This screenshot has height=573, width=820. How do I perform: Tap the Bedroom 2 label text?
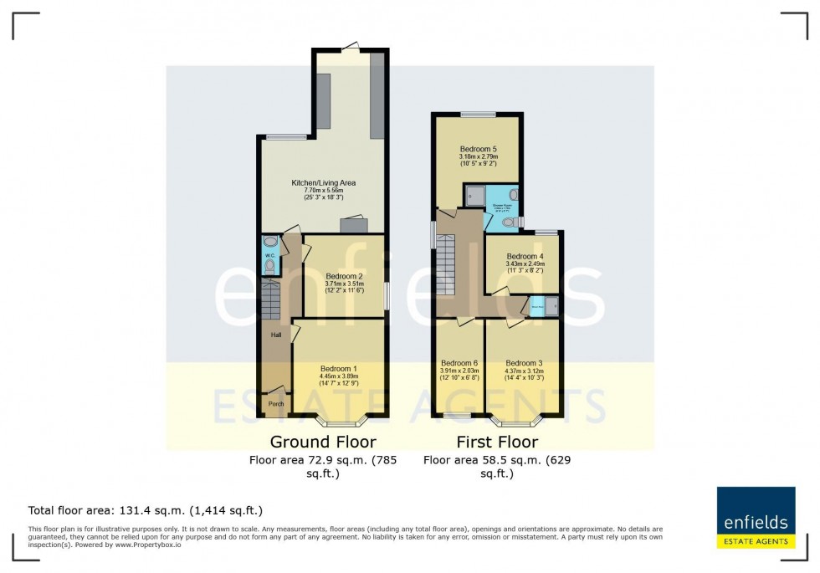344,276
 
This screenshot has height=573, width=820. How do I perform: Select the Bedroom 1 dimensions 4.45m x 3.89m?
338,376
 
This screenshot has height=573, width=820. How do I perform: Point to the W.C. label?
269,255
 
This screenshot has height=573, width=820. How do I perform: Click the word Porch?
275,404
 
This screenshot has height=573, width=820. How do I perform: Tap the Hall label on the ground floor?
274,335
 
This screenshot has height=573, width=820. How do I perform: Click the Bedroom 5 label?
478,149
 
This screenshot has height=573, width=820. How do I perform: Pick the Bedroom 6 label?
459,363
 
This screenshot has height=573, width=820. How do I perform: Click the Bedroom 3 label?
525,363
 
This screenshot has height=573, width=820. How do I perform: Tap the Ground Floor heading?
322,442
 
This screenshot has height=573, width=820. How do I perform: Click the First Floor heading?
497,442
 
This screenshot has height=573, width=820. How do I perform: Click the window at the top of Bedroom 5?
478,114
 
